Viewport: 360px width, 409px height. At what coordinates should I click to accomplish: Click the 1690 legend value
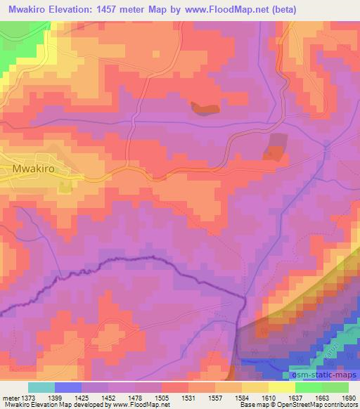(x=347, y=398)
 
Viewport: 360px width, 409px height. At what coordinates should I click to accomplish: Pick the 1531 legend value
(x=188, y=398)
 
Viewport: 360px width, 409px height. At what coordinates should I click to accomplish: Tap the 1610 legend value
(x=268, y=398)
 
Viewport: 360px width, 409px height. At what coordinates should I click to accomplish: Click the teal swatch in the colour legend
(x=41, y=387)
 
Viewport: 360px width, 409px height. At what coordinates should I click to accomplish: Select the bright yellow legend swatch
(x=281, y=387)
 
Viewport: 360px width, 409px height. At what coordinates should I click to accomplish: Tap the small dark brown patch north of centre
(x=205, y=108)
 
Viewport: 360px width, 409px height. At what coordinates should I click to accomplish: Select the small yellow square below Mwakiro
(x=65, y=187)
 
